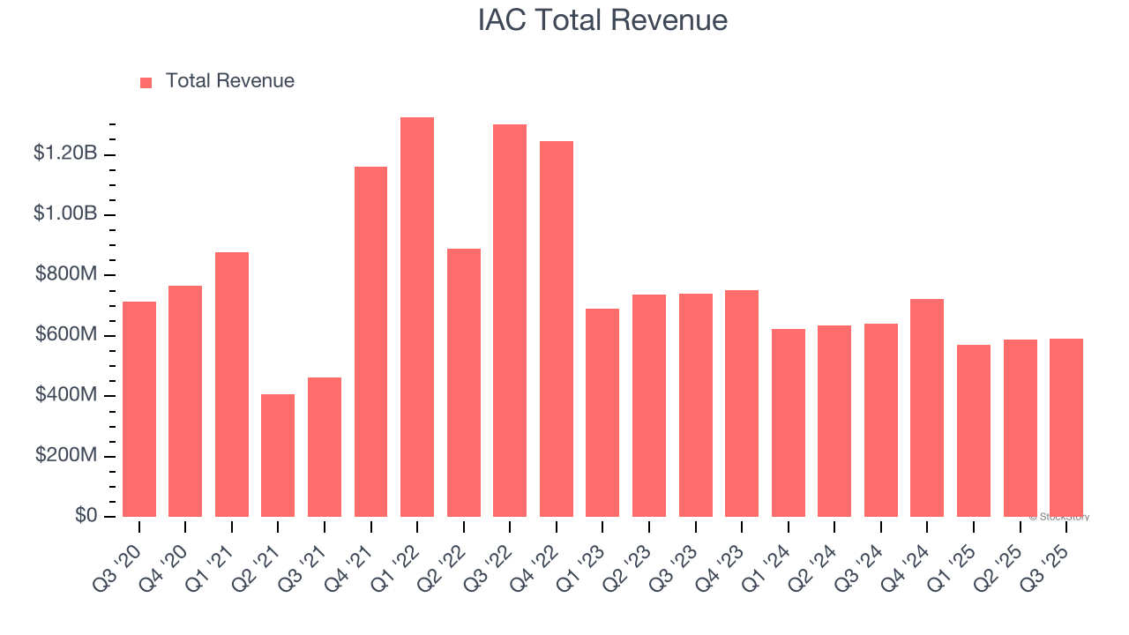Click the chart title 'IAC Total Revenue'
coord(602,20)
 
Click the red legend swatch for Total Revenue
coord(146,82)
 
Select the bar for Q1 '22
coord(417,317)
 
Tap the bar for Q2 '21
coord(278,455)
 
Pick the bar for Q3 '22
coord(510,320)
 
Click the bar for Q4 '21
coord(370,341)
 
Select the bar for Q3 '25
coord(1066,428)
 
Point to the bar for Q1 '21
coord(232,385)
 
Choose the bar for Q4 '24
coord(927,407)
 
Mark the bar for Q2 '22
coord(464,383)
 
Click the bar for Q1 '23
coord(602,413)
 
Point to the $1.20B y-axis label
coord(65,153)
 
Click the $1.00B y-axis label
coord(65,214)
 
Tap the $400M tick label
coord(66,395)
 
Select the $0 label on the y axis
coord(86,515)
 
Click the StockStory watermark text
coord(1059,517)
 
